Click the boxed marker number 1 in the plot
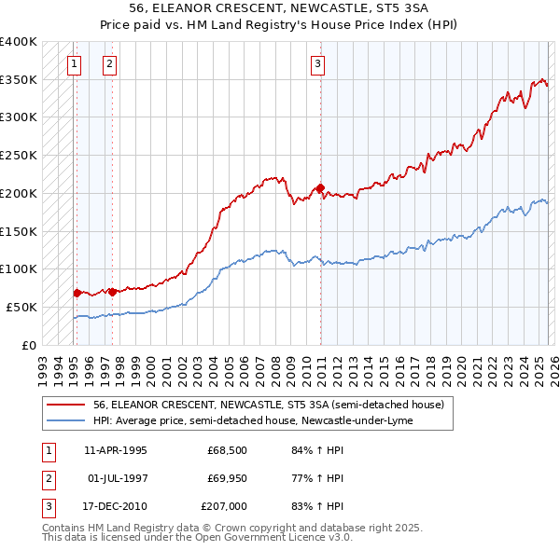[x=74, y=64]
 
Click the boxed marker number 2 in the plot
[x=109, y=64]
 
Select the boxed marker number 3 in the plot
[x=317, y=64]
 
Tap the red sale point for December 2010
[x=321, y=188]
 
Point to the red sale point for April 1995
[x=77, y=293]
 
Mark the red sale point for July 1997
[x=112, y=292]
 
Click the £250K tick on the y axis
[x=19, y=156]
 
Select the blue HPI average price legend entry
[x=252, y=420]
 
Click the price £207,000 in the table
[x=224, y=507]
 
